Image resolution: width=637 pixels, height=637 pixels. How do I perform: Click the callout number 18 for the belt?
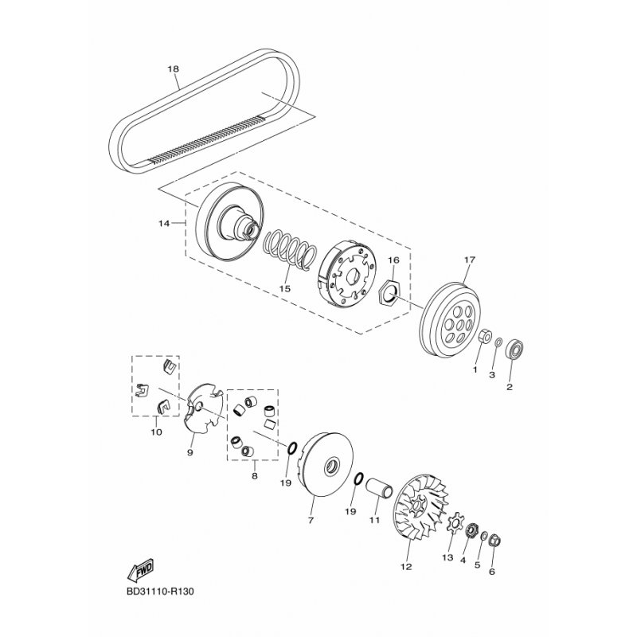click(x=173, y=68)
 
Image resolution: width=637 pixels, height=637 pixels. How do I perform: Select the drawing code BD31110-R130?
click(x=160, y=591)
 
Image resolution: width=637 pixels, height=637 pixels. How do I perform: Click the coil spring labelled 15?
click(x=290, y=250)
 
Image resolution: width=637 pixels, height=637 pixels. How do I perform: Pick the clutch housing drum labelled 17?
click(x=450, y=320)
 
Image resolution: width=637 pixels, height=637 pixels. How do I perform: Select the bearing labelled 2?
click(x=514, y=348)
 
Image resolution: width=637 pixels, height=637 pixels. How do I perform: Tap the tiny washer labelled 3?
click(x=499, y=343)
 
